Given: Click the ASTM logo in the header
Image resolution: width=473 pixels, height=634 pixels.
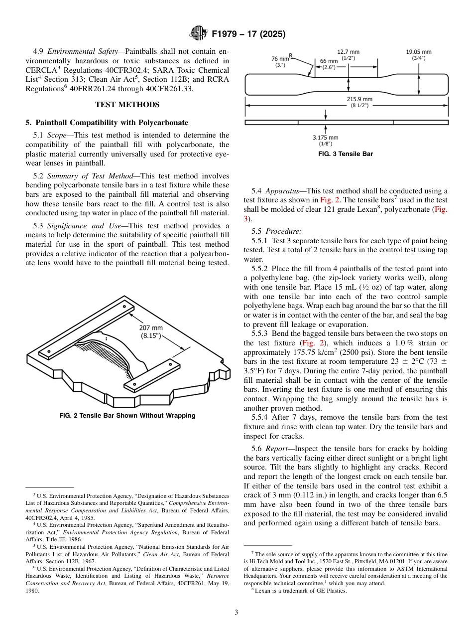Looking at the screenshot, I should coord(199,34).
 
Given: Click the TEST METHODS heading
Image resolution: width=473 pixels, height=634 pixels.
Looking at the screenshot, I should coord(127,105).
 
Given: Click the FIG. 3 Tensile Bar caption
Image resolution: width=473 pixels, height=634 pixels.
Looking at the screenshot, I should coord(346,154).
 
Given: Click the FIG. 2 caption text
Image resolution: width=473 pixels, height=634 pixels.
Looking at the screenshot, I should coord(127,416).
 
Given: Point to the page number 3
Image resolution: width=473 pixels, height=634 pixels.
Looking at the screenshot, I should coord(236,613).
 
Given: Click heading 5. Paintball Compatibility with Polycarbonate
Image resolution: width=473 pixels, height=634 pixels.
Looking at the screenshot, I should coord(107,123).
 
